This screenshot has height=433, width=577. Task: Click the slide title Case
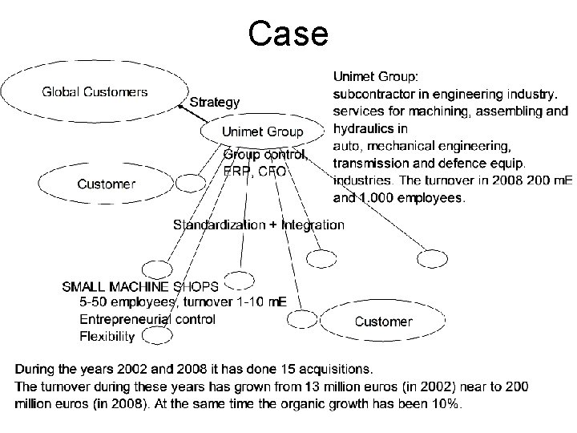point(288,34)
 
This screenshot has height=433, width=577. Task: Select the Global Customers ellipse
point(95,91)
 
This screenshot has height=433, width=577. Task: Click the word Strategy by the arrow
point(214,102)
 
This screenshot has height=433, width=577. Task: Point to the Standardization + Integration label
point(259,225)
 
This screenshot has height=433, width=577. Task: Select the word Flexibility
point(107,337)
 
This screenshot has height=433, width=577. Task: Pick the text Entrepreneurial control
point(147,319)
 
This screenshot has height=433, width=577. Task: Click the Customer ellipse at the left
point(107,184)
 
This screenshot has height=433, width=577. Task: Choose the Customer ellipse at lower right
point(383,322)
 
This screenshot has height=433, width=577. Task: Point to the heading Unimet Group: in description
point(374,77)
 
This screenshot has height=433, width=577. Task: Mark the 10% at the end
point(444,405)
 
